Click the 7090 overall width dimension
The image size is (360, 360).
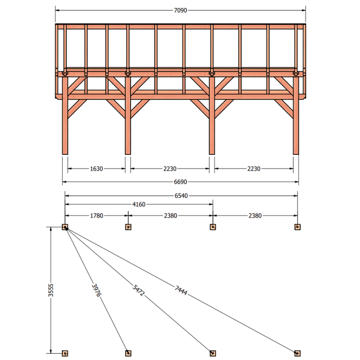(181, 10)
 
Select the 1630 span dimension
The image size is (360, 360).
(97, 169)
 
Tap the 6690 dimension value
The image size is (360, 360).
(181, 182)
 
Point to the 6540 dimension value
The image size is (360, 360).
(181, 195)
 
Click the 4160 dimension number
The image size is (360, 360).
(139, 204)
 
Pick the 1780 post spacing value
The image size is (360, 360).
(97, 215)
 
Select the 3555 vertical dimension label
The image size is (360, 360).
(51, 290)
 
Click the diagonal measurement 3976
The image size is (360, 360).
(96, 290)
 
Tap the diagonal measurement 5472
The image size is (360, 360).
(139, 291)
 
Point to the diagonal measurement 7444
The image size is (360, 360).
(181, 290)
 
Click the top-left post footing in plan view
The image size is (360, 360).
(65, 227)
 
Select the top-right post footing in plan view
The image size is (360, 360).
(298, 227)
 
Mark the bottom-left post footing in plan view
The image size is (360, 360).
(65, 353)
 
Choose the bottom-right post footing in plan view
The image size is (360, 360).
(298, 353)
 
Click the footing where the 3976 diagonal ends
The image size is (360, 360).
(128, 353)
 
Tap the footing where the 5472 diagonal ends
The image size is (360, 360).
(213, 353)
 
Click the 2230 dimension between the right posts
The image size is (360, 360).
(254, 169)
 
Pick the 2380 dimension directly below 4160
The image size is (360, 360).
(170, 215)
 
